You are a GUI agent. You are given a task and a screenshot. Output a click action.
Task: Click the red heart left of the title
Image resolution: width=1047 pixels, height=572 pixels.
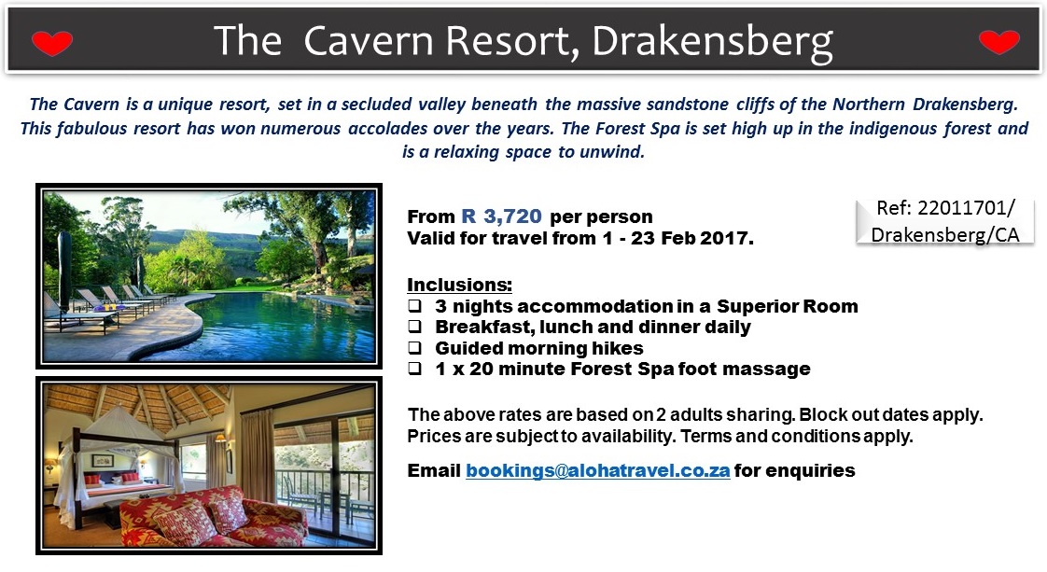tap(52, 43)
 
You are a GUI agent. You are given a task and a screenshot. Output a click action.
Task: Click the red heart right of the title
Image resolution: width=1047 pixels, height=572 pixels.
tap(998, 42)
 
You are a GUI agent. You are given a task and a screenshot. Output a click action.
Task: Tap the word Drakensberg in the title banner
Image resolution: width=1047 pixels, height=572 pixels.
tap(713, 42)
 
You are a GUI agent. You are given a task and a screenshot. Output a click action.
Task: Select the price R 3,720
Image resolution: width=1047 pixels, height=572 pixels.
tap(501, 216)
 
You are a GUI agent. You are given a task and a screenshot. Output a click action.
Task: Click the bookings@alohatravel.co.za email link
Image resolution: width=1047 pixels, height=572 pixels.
tap(597, 470)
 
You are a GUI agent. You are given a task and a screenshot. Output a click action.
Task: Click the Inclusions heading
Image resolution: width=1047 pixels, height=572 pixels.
tap(459, 285)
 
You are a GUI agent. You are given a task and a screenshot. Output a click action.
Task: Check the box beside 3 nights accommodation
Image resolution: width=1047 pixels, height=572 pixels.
tap(415, 306)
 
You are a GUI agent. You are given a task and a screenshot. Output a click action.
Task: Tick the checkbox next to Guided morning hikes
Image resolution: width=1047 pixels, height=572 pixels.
tap(415, 348)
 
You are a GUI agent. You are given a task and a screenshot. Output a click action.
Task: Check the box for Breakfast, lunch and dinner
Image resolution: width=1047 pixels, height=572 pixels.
tap(415, 327)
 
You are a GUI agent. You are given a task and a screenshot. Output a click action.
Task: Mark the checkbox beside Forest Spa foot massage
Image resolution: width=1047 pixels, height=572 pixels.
tap(415, 369)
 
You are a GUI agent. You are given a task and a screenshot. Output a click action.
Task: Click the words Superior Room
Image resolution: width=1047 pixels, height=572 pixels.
tap(788, 306)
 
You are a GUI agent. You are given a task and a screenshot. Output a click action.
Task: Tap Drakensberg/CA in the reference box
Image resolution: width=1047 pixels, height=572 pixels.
tap(945, 235)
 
